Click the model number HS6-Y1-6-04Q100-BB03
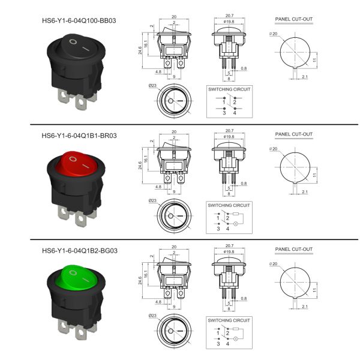tap(78, 20)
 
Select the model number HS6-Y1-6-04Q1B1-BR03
tap(78, 135)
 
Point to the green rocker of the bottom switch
tap(75, 280)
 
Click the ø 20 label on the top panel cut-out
tap(274, 34)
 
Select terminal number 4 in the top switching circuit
tap(235, 112)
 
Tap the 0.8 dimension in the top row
tap(244, 68)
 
